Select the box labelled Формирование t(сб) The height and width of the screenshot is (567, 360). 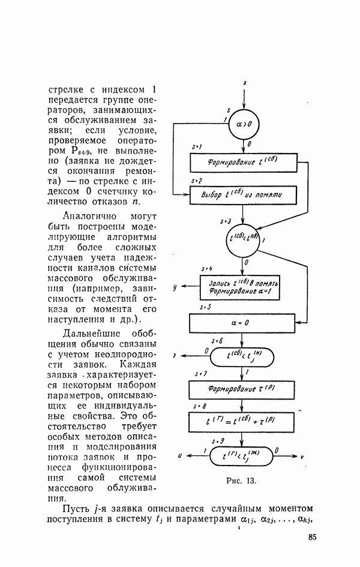click(243, 162)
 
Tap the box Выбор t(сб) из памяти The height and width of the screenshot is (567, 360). click(243, 195)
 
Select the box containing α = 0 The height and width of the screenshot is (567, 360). click(243, 325)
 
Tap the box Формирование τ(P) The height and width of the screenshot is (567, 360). click(243, 389)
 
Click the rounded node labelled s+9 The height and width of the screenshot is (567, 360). click(243, 457)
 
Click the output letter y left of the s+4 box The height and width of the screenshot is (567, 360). click(173, 287)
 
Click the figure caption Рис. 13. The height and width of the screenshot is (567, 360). click(242, 481)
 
